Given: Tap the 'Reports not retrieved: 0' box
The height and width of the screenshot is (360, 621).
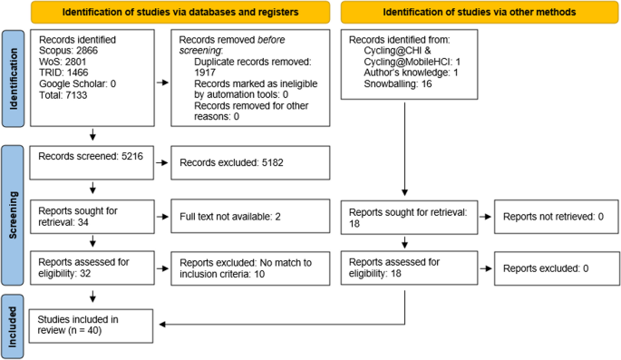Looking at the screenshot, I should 551,218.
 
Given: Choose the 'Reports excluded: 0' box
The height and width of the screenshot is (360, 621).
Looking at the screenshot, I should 551,268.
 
